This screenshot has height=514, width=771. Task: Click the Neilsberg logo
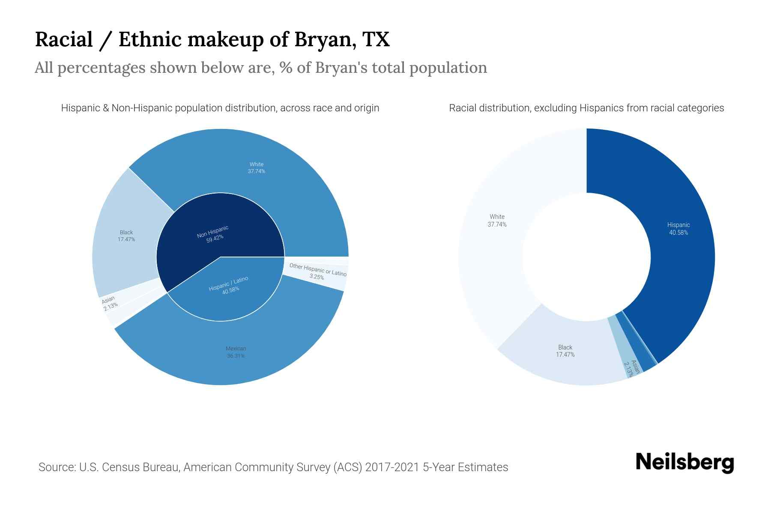684,463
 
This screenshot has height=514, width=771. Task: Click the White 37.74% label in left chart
257,167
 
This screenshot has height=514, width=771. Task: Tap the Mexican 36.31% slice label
236,352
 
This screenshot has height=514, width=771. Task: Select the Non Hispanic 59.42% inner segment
213,234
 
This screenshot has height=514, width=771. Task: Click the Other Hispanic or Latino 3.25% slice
317,272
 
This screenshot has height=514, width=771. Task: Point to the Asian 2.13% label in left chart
109,302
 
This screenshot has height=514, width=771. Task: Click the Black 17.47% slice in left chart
126,236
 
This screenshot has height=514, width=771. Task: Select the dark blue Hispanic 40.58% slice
678,229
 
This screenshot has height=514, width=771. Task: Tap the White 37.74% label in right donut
497,221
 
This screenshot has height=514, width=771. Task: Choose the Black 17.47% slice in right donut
565,351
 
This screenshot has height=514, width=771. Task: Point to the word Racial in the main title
64,39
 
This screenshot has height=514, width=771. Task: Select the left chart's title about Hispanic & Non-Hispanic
220,108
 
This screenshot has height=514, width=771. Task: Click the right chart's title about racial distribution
586,108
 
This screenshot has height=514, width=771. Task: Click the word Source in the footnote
56,467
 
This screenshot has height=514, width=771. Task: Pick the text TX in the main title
376,39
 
